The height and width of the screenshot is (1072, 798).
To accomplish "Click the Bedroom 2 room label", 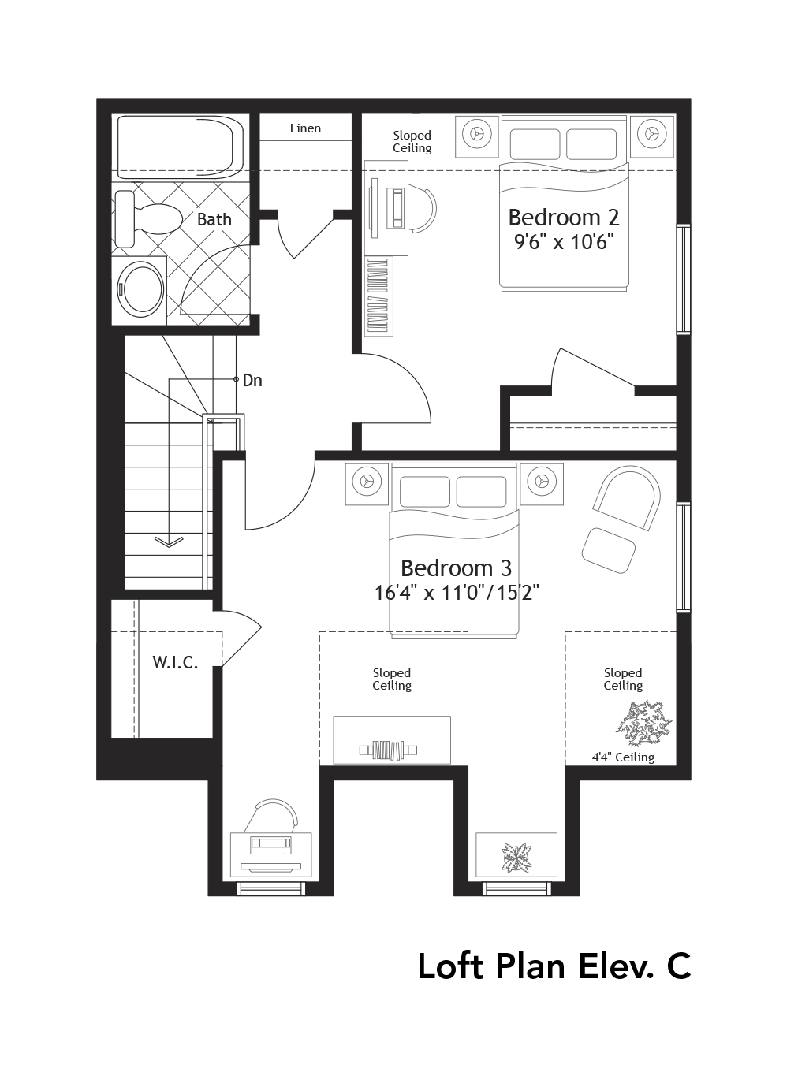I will pos(563,217).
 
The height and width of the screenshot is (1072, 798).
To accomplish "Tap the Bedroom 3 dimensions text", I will pos(456,593).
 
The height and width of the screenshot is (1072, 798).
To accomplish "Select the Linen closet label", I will pos(305,128).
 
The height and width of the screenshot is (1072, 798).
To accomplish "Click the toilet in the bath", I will pos(148,218).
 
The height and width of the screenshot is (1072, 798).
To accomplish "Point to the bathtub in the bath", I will pos(180,147).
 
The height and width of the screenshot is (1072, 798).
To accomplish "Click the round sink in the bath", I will pos(140,289).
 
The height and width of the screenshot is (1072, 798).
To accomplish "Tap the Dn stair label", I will pos(252,380).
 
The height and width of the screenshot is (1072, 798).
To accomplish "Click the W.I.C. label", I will pos(175,662).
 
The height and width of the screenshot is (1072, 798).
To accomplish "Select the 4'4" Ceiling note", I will pos(623,757).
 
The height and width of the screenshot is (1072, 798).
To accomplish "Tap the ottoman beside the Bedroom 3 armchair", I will pos(609,550).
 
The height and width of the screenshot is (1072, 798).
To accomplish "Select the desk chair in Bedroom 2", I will pos(422,210).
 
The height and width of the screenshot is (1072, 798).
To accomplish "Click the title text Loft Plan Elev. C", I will pos(554,966).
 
